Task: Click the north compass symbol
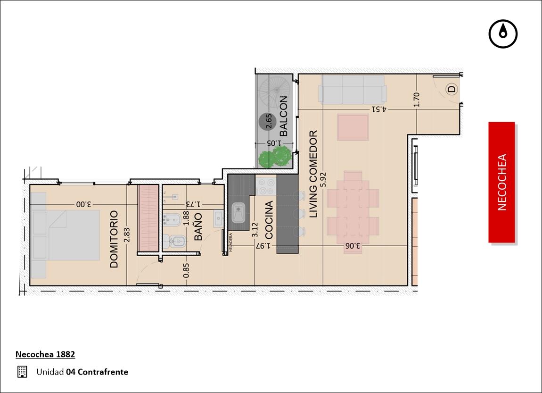point(503,34)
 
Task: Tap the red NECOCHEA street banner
point(502,182)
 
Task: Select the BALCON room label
point(283,116)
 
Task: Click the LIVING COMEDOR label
point(313,174)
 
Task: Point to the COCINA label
point(269,220)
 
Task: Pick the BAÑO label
point(198,226)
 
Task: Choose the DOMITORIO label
point(114,239)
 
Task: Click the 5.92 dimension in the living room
point(323,180)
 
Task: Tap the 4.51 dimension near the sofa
point(379,109)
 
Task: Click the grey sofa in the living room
point(353,90)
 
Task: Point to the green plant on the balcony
point(274,157)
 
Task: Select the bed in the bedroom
point(66,235)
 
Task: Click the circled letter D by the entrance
point(452,89)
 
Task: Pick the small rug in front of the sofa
point(353,127)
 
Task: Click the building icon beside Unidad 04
point(22,372)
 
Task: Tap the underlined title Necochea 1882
point(45,354)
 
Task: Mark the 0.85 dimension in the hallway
point(186,270)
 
